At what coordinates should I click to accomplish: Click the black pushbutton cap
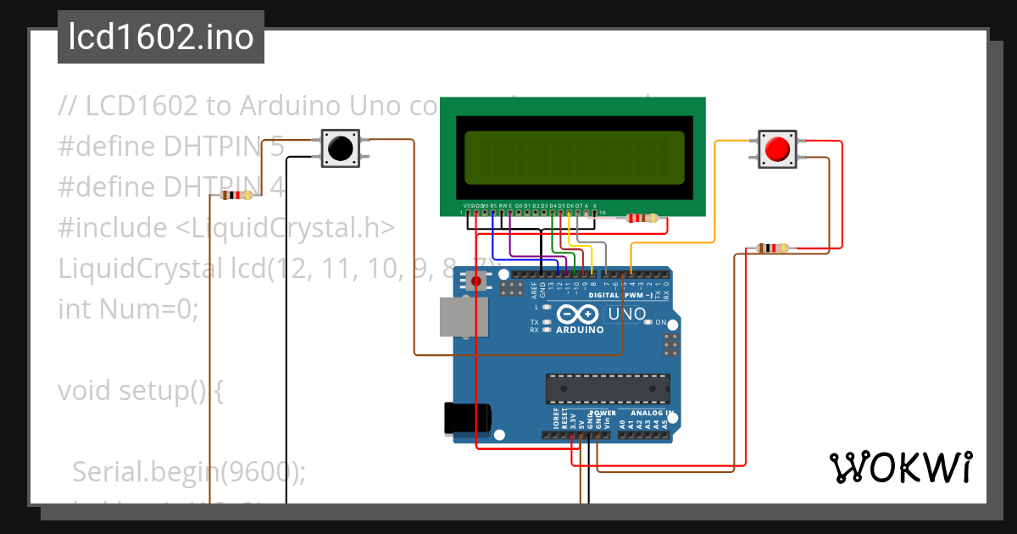coord(341,149)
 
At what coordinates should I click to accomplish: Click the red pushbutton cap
coord(777,149)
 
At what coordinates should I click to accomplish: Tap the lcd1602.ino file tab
coord(161,38)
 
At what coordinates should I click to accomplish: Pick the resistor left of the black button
coord(236,196)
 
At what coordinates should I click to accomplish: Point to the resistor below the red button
coord(771,248)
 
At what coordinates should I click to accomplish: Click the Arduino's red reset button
coord(477,281)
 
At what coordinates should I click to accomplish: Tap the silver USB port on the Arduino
coord(461,317)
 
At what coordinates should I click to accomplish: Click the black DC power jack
coord(468,419)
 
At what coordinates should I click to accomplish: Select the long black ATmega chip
coord(607,387)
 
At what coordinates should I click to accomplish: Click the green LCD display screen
coord(571,159)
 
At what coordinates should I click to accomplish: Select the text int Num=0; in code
coord(128,309)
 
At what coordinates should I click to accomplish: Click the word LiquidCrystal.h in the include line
coord(293,228)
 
